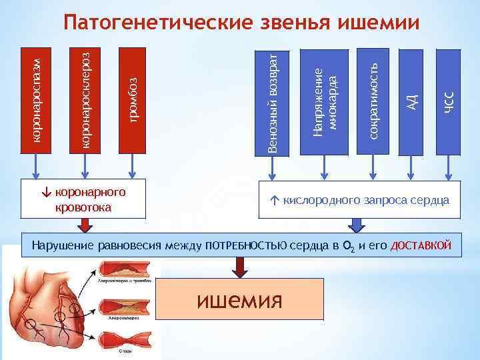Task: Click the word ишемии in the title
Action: (x=379, y=23)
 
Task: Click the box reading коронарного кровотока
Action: (x=84, y=199)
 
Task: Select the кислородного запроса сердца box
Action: (x=361, y=199)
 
